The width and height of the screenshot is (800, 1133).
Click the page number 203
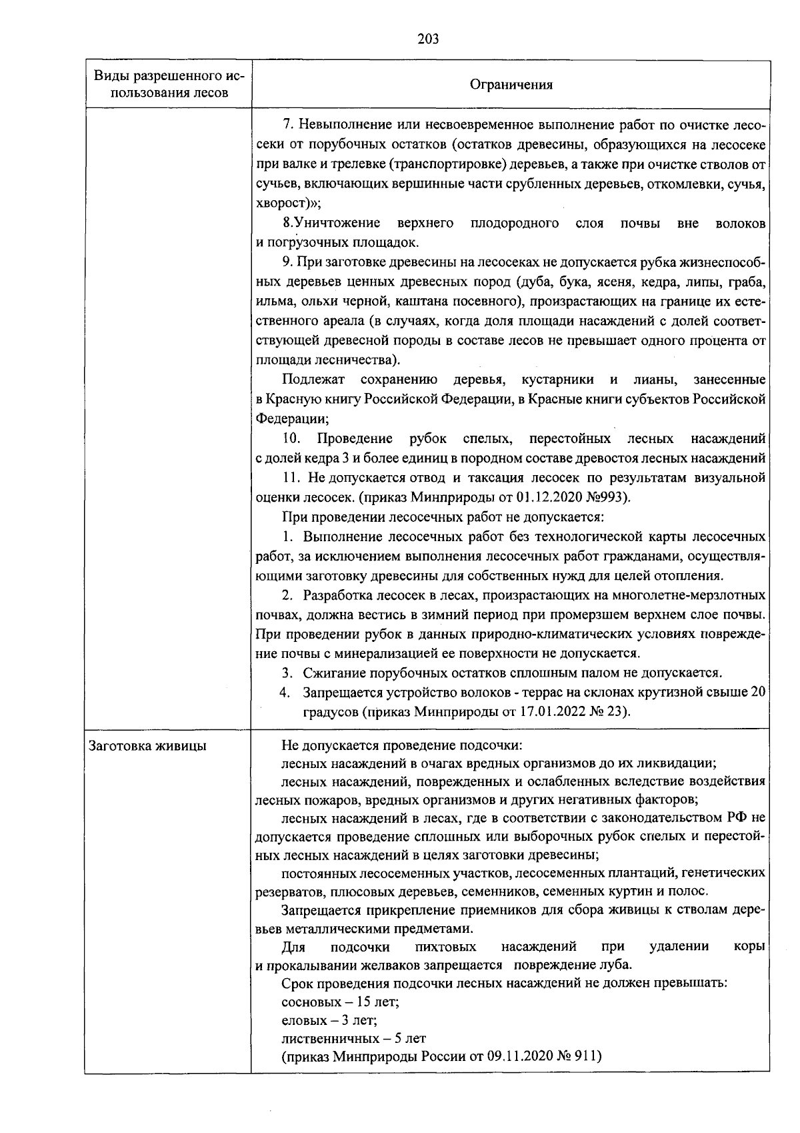click(x=428, y=39)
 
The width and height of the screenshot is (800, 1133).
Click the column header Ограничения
click(x=511, y=84)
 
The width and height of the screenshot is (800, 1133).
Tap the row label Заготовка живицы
click(x=147, y=746)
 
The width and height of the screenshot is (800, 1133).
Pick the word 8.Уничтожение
click(x=331, y=223)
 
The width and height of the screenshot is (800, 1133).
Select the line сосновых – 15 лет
click(x=340, y=1002)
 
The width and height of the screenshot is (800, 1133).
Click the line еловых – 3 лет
click(x=329, y=1020)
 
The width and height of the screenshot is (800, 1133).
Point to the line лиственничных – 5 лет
click(x=353, y=1038)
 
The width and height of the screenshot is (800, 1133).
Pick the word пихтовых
click(x=445, y=946)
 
